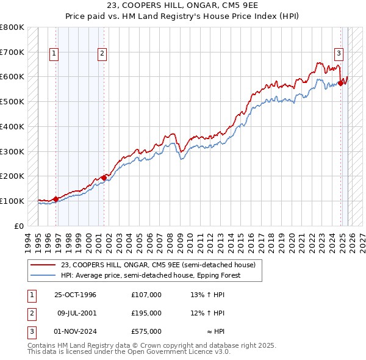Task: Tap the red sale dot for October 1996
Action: [x=56, y=199]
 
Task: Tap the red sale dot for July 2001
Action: [x=104, y=177]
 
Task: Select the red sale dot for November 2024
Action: [x=340, y=83]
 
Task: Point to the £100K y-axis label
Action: [x=12, y=201]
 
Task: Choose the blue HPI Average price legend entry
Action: [x=151, y=275]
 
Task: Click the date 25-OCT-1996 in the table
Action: [x=75, y=295]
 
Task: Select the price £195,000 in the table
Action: [x=146, y=313]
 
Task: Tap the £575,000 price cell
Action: [x=146, y=331]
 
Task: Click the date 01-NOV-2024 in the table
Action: [x=75, y=331]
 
